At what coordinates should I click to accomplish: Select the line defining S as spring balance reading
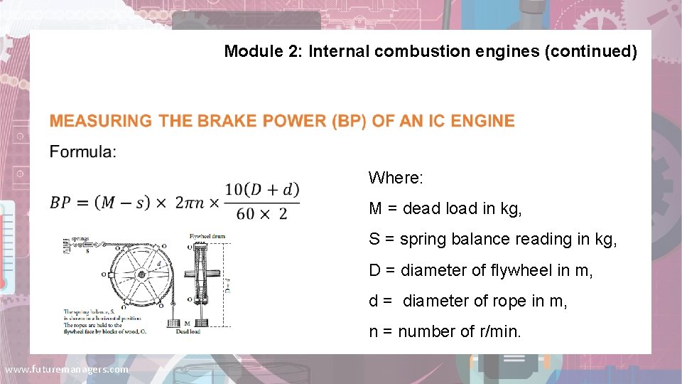(493, 239)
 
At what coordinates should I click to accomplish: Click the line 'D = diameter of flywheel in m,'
(481, 270)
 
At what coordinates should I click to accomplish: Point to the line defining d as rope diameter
(468, 301)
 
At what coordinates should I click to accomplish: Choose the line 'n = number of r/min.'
(445, 331)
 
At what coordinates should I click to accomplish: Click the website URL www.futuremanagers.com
(66, 370)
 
